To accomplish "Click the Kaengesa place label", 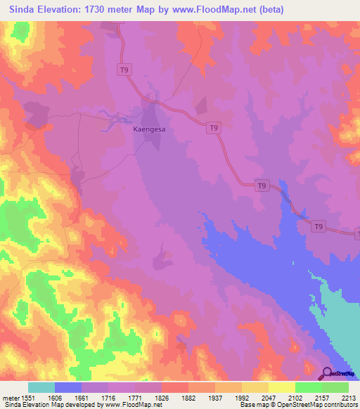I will tap(149, 130).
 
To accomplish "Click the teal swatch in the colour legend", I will tap(41, 387).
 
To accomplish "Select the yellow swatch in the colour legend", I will tap(282, 387).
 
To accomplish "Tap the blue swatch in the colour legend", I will tap(68, 387).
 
